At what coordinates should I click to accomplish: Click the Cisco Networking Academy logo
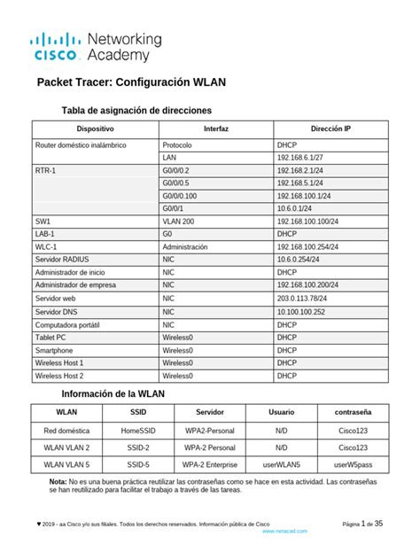pos(97,46)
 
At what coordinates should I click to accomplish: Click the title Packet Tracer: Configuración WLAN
pos(131,82)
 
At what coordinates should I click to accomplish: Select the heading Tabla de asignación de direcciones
pos(136,111)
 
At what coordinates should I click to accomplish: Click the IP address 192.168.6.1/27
pos(302,157)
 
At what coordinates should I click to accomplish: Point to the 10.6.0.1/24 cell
pos(296,208)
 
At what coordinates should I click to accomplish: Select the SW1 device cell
pos(43,222)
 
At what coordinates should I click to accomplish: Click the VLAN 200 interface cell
pos(178,222)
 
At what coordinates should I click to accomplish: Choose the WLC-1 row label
pos(46,247)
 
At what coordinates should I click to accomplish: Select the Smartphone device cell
pos(55,350)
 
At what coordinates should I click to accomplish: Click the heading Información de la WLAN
pos(113,393)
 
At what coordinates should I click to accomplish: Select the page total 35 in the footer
pos(378,524)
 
